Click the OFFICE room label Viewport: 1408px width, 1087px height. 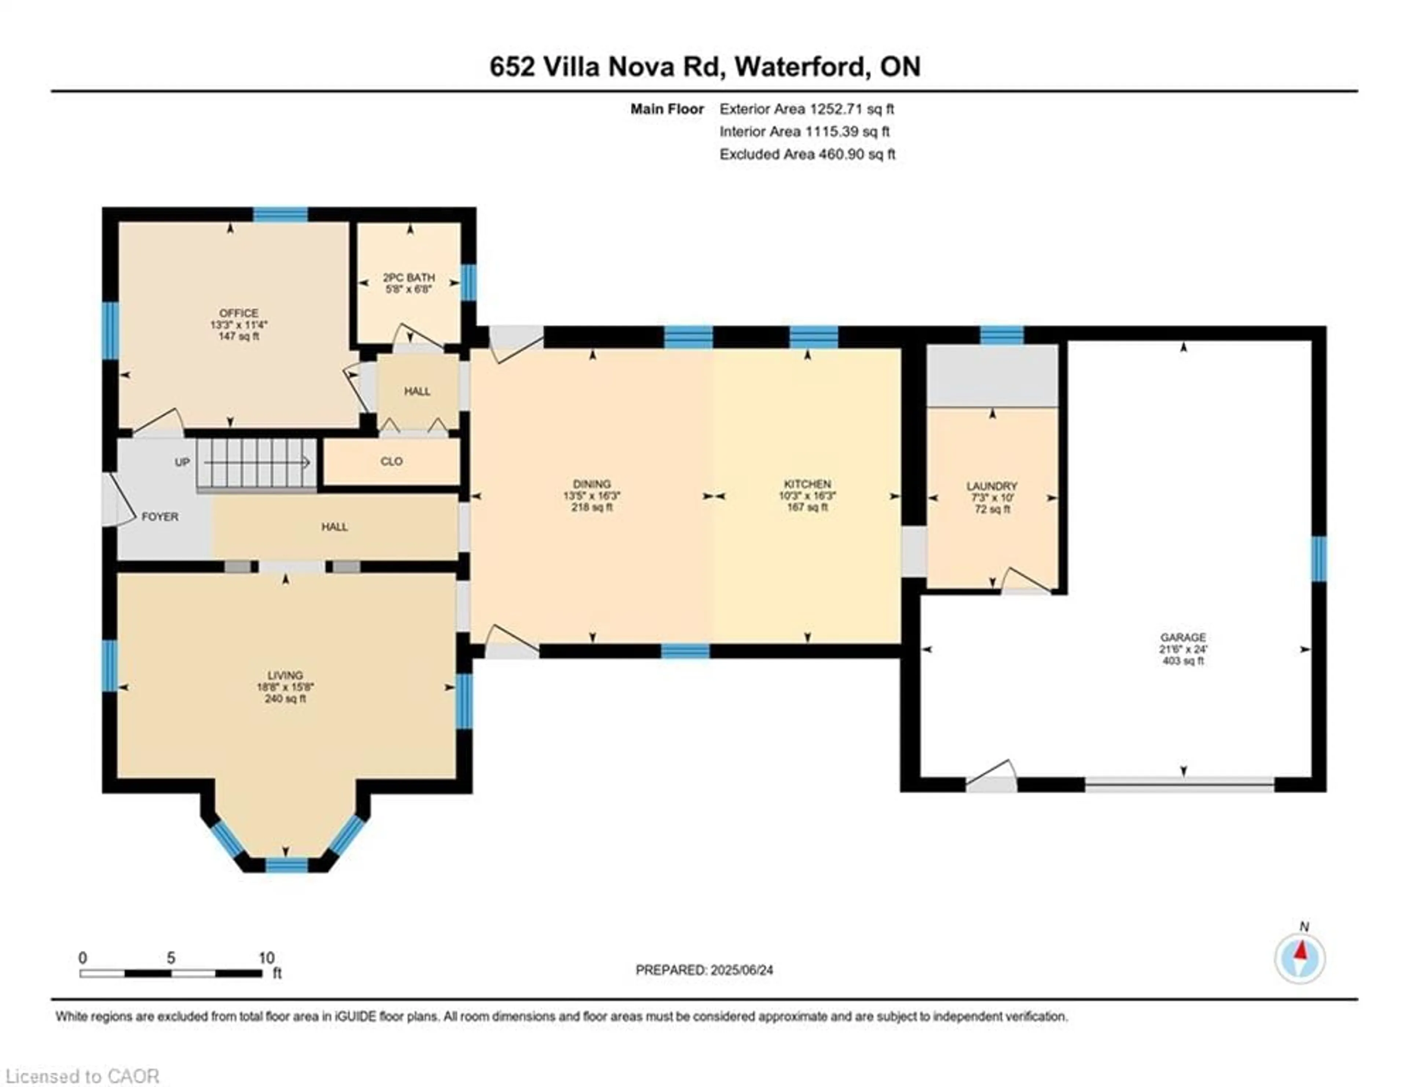tap(239, 313)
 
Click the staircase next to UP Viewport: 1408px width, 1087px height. tap(257, 463)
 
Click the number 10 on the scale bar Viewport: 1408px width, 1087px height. tap(266, 958)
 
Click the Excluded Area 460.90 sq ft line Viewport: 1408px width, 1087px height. tap(807, 154)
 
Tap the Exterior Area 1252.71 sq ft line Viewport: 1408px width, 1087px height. tap(807, 109)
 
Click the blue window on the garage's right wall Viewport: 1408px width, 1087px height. tap(1319, 558)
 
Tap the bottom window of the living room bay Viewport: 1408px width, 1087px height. tap(287, 864)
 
